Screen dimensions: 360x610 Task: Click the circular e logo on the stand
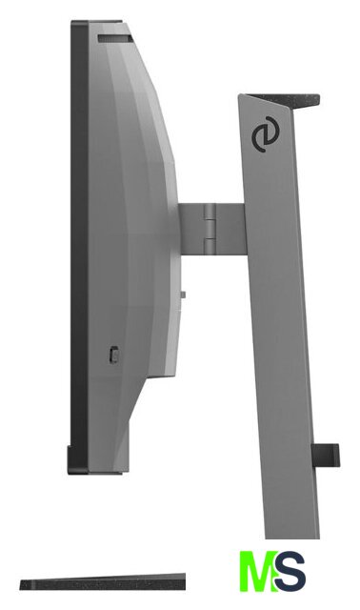coord(266,137)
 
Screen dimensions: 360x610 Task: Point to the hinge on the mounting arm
coord(210,229)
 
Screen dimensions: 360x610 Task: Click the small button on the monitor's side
coord(113,355)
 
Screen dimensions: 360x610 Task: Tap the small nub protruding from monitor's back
coord(183,295)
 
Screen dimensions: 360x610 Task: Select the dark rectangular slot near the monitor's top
coord(115,38)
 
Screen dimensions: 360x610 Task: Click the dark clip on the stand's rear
coord(326,456)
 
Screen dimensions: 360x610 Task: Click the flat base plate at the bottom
coord(103,582)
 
